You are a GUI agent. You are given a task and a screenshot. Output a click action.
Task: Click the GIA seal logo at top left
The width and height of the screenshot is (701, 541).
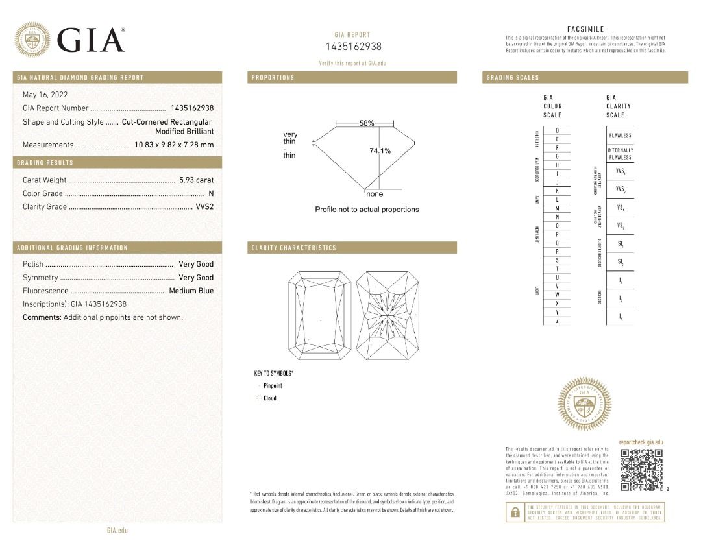coord(32,40)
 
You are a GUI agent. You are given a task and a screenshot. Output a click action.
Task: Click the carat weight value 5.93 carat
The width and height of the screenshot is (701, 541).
coord(196,180)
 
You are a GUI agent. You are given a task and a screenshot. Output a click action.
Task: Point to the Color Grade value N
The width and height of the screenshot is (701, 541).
coord(211,193)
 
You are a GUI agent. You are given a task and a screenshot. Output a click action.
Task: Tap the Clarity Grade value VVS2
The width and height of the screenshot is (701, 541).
coord(204,207)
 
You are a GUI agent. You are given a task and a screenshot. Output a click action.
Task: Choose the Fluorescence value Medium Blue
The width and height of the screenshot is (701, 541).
coord(191,291)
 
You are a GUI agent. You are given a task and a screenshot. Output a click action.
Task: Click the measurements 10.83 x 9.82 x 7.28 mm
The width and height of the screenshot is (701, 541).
coord(173,145)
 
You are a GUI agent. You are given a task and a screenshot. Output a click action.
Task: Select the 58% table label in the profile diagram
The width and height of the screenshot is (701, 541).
coord(367,123)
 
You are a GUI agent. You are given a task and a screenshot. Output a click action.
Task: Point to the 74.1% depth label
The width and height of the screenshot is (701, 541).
coord(380,151)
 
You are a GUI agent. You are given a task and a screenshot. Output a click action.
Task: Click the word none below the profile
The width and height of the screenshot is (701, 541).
coord(375,194)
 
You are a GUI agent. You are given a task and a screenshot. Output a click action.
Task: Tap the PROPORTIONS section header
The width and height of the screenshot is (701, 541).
coord(273,78)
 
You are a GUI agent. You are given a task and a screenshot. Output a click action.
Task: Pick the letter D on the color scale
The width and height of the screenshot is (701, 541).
coord(558,131)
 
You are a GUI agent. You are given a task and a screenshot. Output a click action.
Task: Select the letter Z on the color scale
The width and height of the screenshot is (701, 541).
coord(558,321)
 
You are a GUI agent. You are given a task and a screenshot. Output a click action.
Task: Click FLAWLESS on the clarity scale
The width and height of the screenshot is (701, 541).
coord(620,135)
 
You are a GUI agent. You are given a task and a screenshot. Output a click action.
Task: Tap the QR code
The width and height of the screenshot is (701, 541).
coord(641,470)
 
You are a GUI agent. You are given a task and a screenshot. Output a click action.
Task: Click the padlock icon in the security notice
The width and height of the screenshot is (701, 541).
coord(515,512)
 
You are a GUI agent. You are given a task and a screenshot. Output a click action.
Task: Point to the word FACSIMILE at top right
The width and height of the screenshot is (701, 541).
coord(585,29)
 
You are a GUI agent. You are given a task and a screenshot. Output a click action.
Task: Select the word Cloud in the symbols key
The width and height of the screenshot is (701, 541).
coord(270,398)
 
